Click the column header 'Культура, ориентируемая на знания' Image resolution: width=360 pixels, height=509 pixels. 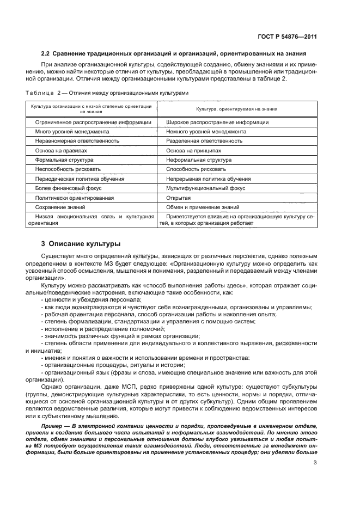[236, 109]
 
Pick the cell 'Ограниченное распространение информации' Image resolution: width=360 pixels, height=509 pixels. [93, 122]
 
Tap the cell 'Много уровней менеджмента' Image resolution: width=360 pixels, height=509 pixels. [72, 132]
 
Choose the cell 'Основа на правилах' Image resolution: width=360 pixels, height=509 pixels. [61, 150]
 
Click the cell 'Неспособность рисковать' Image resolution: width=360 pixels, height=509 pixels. [68, 169]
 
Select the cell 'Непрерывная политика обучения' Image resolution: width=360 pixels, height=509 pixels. [209, 179]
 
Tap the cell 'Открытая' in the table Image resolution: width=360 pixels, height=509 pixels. [179, 198]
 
